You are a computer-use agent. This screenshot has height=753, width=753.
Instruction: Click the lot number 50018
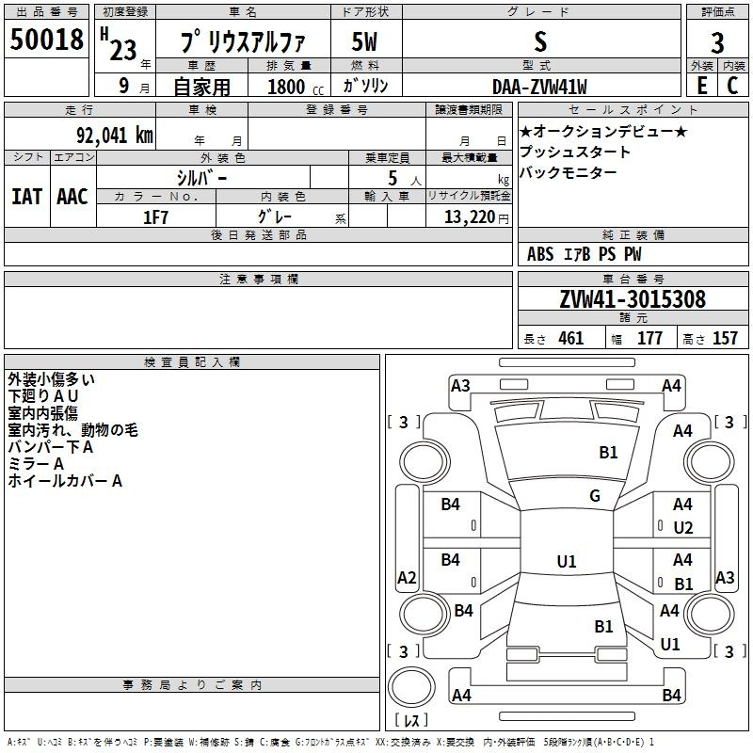click(46, 40)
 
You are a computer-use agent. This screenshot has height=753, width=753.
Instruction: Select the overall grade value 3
click(717, 43)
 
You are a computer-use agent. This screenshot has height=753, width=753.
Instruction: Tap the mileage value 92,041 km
click(115, 136)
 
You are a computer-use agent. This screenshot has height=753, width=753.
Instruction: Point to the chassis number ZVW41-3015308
click(633, 299)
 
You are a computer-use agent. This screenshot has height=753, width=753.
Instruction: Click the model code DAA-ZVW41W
click(539, 87)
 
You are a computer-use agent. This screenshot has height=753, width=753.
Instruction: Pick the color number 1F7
click(155, 217)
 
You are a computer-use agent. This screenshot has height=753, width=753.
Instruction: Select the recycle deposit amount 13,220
click(470, 217)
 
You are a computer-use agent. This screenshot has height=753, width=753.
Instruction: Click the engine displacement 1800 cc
click(296, 87)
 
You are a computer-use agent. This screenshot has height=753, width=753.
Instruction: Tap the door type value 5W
click(364, 41)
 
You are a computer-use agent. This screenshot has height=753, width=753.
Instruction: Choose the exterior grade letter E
click(702, 86)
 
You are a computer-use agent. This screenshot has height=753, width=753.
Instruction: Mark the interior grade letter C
click(732, 86)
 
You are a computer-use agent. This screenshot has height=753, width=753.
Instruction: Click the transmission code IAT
click(27, 197)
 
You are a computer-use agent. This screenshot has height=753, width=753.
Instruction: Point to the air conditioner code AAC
click(72, 197)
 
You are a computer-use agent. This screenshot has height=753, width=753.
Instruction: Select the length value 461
click(571, 338)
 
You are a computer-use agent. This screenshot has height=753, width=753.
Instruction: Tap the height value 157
click(725, 338)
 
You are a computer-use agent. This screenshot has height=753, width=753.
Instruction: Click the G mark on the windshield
click(595, 496)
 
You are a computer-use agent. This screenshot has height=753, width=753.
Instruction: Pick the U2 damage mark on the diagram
click(683, 528)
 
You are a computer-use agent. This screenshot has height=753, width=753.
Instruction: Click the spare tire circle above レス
click(411, 687)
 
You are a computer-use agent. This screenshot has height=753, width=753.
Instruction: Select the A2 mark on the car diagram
click(407, 578)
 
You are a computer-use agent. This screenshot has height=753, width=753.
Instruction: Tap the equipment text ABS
click(540, 254)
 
